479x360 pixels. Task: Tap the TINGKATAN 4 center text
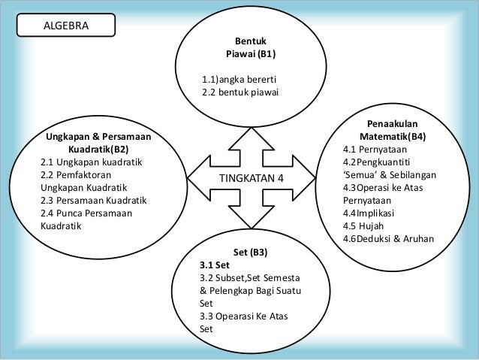251,178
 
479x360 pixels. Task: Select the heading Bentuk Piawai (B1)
251,48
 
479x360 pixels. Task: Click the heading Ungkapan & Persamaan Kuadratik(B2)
98,143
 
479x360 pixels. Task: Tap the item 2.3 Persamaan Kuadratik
94,201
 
